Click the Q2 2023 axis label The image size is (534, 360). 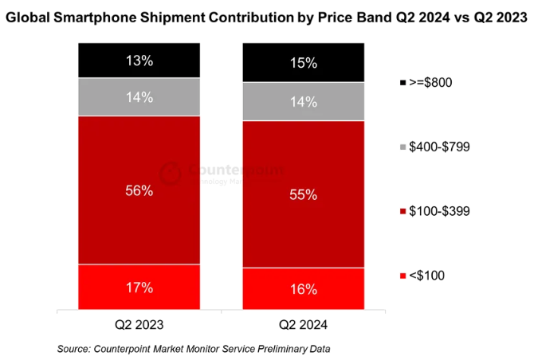[x=139, y=325]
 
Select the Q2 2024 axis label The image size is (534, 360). [x=303, y=325]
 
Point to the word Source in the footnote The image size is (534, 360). [x=73, y=349]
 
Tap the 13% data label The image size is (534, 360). [x=139, y=60]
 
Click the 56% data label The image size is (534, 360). [x=139, y=190]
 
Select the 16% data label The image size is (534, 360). [x=303, y=288]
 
